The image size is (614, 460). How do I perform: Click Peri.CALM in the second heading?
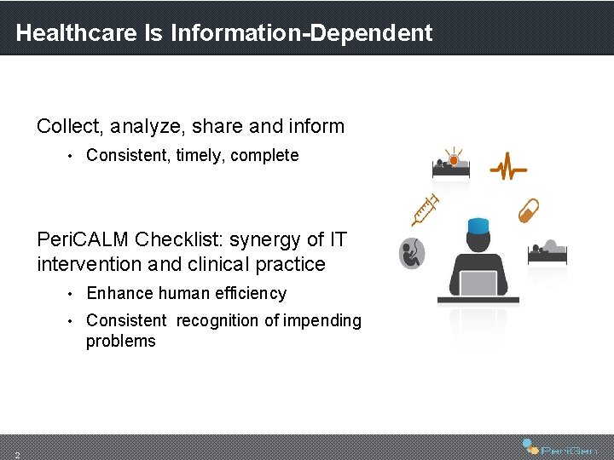point(83,239)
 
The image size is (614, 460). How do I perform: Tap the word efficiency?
point(255,294)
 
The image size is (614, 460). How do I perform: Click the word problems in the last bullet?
point(120,342)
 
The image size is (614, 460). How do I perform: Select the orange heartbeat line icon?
point(508,166)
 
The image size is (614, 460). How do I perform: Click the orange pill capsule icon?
point(530,210)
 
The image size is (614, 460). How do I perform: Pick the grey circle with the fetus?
point(413,253)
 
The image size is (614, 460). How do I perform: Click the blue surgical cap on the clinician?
point(478,225)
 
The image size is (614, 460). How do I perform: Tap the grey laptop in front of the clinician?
point(478,283)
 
